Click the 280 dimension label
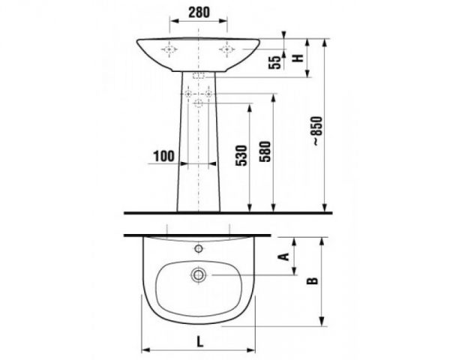[x=199, y=12]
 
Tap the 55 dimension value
[x=274, y=62]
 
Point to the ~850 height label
[x=318, y=131]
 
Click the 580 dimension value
[x=265, y=151]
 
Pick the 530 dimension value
[x=241, y=155]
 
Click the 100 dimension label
[x=163, y=156]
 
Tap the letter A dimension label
[x=284, y=256]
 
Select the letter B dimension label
[x=312, y=280]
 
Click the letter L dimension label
[x=199, y=342]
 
